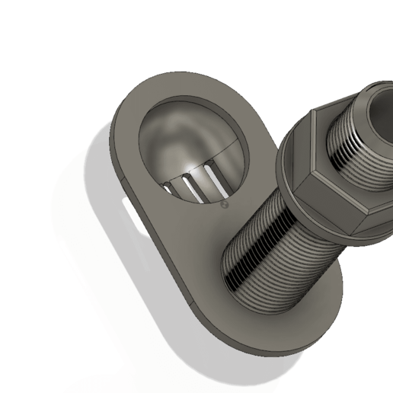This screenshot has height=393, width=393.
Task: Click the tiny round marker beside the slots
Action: [223, 204]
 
